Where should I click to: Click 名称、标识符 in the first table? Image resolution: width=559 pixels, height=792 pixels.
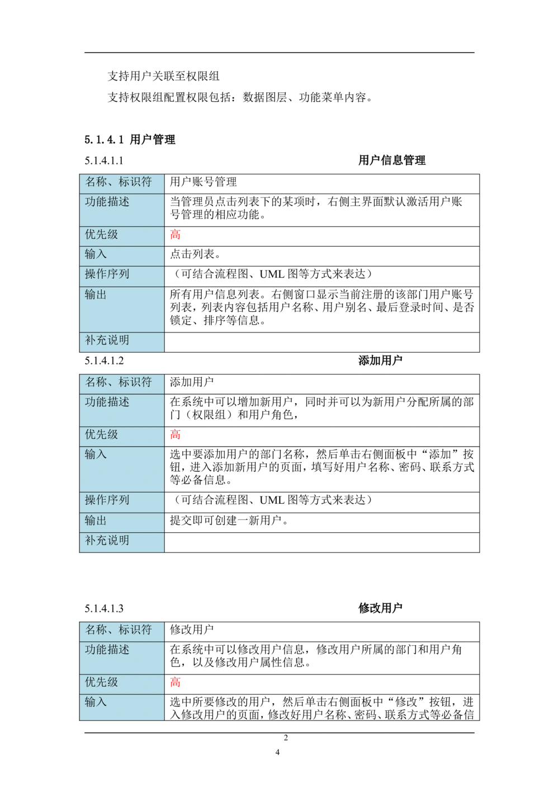pyautogui.click(x=119, y=182)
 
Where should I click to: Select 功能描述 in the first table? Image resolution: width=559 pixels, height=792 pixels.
pyautogui.click(x=107, y=201)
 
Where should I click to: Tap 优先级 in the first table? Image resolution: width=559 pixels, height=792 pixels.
pyautogui.click(x=102, y=235)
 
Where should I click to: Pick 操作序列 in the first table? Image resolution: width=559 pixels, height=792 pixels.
pyautogui.click(x=107, y=274)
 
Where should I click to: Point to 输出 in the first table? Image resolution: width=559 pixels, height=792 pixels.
pyautogui.click(x=96, y=294)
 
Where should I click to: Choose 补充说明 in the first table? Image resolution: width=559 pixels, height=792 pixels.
pyautogui.click(x=107, y=340)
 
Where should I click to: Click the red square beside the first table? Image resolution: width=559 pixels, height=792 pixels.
pyautogui.click(x=176, y=235)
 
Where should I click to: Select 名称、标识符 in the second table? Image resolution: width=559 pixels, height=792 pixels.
pyautogui.click(x=119, y=382)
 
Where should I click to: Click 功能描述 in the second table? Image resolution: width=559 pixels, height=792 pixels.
pyautogui.click(x=107, y=402)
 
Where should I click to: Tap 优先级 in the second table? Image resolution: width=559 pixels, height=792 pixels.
pyautogui.click(x=102, y=435)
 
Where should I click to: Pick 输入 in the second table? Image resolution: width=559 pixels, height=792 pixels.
pyautogui.click(x=96, y=454)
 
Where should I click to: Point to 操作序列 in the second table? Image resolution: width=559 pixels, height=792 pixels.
pyautogui.click(x=107, y=500)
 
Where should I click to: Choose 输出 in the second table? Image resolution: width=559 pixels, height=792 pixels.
pyautogui.click(x=96, y=521)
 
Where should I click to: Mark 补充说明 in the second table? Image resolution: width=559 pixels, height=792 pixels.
pyautogui.click(x=107, y=541)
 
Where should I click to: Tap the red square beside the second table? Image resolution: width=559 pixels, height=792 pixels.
pyautogui.click(x=176, y=435)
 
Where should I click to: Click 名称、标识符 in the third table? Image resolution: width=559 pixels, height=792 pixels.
pyautogui.click(x=119, y=630)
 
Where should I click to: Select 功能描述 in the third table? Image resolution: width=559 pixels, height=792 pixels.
pyautogui.click(x=107, y=650)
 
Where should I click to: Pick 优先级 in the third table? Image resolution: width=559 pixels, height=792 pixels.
pyautogui.click(x=102, y=682)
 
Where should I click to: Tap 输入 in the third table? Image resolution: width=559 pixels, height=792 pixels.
pyautogui.click(x=96, y=702)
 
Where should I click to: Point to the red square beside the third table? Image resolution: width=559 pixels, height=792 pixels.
pyautogui.click(x=176, y=682)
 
